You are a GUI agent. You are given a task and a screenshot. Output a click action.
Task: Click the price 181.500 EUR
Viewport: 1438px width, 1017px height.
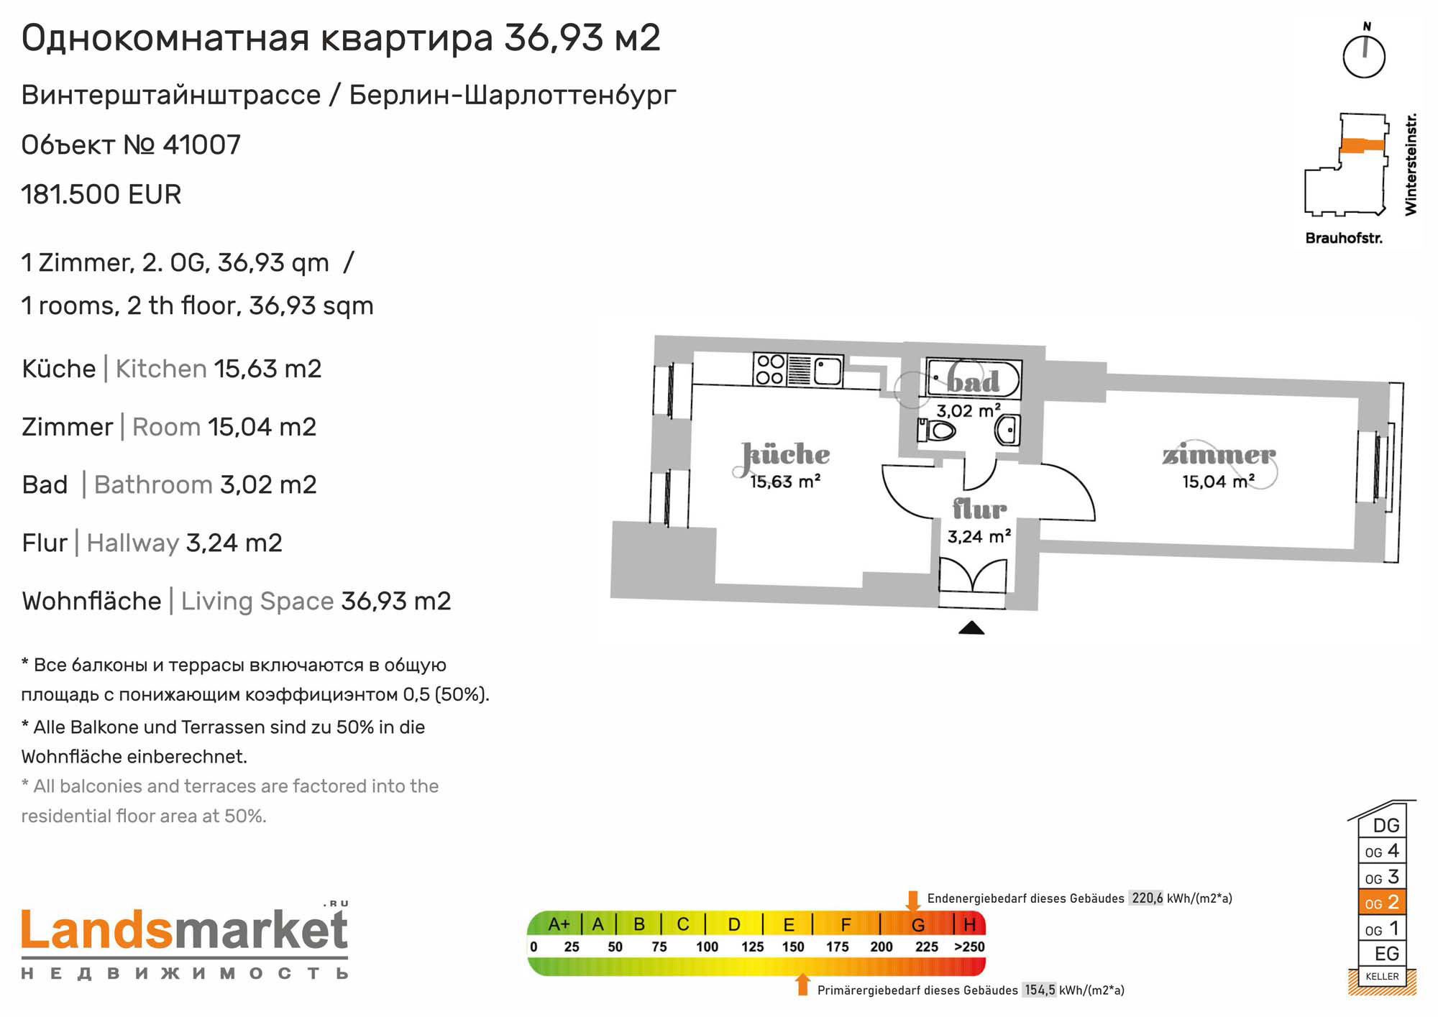point(101,195)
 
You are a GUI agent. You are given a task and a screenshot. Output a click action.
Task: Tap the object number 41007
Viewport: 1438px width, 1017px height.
point(202,145)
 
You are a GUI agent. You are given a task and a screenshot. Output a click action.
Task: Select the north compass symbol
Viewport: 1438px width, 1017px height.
point(1364,52)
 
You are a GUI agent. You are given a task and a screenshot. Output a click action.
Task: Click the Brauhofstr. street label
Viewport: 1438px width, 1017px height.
point(1344,238)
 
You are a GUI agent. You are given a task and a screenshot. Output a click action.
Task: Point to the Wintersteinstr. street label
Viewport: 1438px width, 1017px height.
point(1411,164)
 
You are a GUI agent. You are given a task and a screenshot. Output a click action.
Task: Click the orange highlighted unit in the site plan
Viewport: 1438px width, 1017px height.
point(1363,145)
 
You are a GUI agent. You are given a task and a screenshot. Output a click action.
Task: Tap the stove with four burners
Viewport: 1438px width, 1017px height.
point(770,370)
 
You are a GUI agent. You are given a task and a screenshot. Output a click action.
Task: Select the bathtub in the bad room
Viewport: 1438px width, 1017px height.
point(973,379)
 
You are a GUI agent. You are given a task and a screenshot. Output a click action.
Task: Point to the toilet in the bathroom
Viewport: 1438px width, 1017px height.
point(936,431)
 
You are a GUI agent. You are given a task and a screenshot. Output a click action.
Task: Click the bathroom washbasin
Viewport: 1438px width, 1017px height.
point(1007,431)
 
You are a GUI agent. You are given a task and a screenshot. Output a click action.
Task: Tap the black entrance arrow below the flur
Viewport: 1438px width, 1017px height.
point(971,627)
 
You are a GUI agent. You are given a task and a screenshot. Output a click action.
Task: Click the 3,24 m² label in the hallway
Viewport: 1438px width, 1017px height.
point(979,537)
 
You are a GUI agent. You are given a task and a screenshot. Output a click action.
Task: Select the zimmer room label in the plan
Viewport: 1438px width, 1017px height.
point(1219,455)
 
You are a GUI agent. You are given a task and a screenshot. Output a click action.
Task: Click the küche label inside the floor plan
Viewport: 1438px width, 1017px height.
point(786,454)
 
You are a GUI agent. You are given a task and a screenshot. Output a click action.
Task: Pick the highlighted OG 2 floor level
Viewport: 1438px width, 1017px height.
point(1382,903)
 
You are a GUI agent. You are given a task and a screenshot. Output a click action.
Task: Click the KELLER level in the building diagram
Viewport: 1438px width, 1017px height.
point(1382,976)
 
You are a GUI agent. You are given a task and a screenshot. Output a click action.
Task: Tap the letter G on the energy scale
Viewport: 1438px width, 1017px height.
point(918,925)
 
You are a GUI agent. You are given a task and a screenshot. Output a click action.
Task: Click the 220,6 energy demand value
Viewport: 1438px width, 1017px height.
point(1147,898)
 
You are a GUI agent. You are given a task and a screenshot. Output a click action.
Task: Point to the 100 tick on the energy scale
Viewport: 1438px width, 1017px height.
point(707,947)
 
